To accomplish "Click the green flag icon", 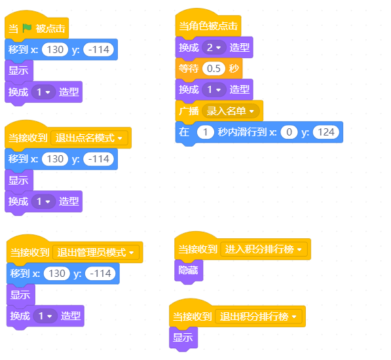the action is [27, 28].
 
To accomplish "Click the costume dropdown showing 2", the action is [214, 47].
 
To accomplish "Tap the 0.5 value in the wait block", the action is [214, 69].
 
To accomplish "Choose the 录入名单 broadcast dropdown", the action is [231, 111].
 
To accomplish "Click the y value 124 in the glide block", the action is [326, 132].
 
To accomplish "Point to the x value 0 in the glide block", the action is [289, 132].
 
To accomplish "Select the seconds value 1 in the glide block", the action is [205, 132].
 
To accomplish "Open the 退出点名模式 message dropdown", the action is [89, 137].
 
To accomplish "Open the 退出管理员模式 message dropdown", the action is [96, 253].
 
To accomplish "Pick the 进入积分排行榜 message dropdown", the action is [264, 249].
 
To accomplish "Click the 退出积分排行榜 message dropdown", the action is [258, 317].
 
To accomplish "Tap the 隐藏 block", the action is [189, 270].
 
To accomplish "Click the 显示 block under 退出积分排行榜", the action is [183, 338].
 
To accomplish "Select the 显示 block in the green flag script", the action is [19, 71].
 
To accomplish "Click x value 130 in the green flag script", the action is [55, 49].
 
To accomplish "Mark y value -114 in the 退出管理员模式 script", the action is [100, 274].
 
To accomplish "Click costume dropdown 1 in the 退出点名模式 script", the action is [43, 202].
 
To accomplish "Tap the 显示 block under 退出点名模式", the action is [19, 180].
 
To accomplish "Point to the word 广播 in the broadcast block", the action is [189, 111].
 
